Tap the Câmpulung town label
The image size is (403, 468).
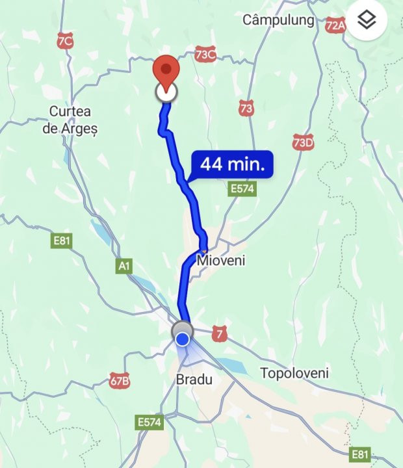pos(278,20)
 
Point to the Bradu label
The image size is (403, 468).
pos(194,378)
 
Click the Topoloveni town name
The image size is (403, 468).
pos(294,373)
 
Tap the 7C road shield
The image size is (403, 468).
pos(64,41)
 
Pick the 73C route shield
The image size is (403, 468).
pos(205,55)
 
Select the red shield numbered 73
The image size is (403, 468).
pos(246,109)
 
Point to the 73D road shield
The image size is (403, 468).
pos(303,143)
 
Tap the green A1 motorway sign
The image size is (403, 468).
pos(124,266)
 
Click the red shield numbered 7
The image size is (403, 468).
pos(221,334)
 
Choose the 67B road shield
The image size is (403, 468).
pos(120,380)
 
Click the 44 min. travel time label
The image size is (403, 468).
pos(232,164)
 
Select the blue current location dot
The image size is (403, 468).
pos(183,339)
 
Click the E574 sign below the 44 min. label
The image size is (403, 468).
pos(242,189)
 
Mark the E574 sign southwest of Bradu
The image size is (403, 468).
pos(150,422)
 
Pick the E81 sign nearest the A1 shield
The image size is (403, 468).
pos(62,241)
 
